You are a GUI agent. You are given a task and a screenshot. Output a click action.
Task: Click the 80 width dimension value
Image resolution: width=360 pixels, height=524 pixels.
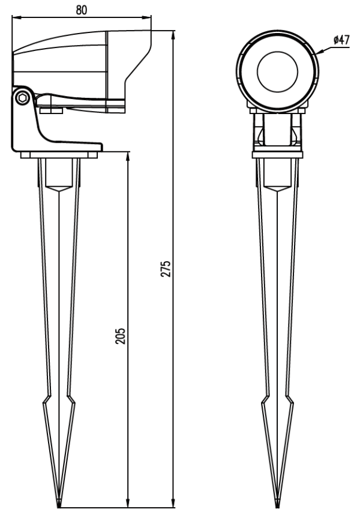81,10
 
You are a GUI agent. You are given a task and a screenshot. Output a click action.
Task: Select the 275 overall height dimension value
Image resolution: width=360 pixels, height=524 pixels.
166,268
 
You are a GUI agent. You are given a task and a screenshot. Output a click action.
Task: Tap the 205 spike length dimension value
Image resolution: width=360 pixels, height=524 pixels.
120,336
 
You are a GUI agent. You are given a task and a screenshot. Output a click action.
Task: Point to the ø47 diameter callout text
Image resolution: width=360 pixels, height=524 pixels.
341,40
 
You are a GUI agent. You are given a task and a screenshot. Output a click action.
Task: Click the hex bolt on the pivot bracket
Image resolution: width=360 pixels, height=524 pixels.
23,98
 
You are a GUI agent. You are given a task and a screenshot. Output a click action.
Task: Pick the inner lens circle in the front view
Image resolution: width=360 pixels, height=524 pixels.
278,71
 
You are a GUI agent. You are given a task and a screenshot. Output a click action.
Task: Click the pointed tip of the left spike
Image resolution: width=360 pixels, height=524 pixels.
59,507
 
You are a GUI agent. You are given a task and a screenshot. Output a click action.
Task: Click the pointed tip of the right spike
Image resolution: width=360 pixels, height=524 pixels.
277,507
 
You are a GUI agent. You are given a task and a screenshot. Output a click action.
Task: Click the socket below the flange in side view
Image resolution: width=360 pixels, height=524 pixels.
59,175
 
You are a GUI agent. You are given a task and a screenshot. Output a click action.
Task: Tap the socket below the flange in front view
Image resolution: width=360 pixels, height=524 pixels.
278,175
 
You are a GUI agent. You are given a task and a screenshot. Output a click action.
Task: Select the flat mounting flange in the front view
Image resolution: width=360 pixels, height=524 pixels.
278,154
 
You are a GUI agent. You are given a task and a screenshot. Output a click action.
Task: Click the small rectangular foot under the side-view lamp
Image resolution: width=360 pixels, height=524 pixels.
51,110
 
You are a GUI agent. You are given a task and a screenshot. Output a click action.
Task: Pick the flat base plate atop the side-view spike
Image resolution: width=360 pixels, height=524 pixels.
59,155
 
